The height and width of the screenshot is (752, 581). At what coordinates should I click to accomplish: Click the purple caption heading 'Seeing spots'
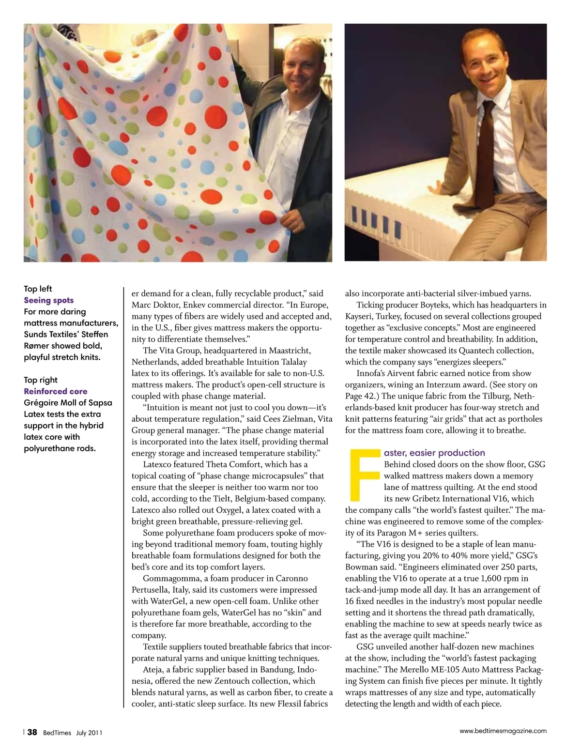click(x=49, y=300)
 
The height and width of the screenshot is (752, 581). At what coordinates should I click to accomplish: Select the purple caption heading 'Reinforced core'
click(x=56, y=391)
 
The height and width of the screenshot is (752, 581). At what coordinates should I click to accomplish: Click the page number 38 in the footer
click(x=32, y=732)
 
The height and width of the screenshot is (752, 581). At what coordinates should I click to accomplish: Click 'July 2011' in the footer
click(x=89, y=733)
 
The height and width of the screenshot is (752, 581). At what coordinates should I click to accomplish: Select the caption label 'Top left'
click(x=38, y=289)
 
